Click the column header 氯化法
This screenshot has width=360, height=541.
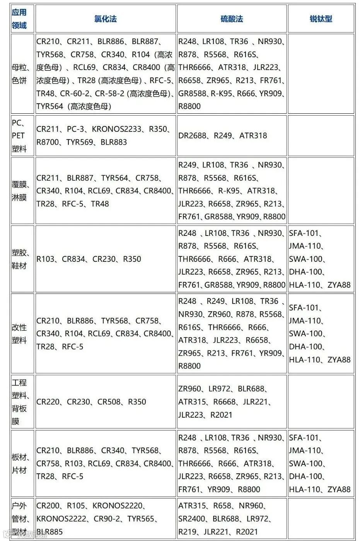pos(105,19)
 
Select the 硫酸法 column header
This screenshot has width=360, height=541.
pos(232,19)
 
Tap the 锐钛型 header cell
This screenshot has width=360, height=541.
pos(321,19)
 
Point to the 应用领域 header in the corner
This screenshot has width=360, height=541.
pos(19,19)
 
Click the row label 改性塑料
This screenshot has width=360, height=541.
pos(19,334)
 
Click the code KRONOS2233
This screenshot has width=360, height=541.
pos(117,129)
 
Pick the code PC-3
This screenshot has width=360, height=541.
pos(75,129)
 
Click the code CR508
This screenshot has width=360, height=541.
pos(109,402)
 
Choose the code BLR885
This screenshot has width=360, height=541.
pos(49,532)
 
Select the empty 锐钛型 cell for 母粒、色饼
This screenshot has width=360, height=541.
pos(321,73)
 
